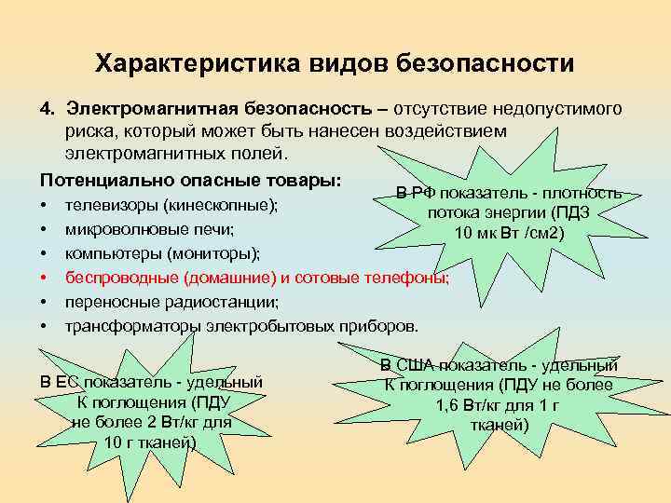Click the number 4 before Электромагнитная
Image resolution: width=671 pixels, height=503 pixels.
click(x=45, y=110)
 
